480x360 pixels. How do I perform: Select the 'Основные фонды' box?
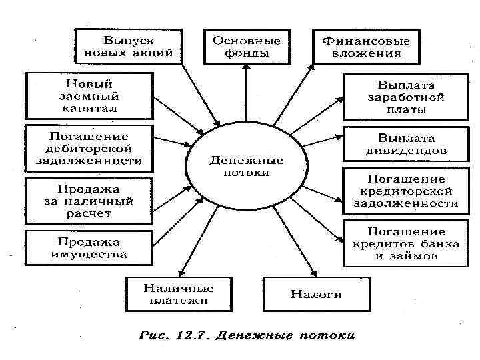tap(246, 45)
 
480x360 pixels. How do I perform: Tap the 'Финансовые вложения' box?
tap(366, 45)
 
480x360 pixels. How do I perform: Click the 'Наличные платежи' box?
tap(178, 293)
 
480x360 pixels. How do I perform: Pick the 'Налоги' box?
tap(316, 293)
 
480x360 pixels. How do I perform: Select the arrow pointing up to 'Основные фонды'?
tap(246, 93)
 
